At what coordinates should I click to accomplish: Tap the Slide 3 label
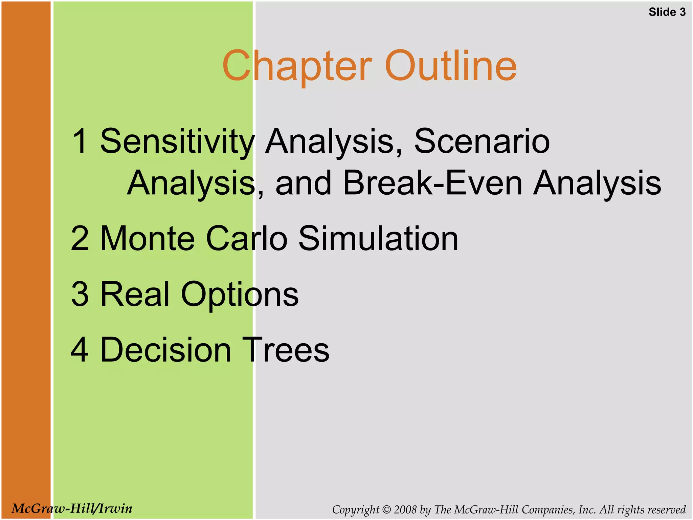point(667,12)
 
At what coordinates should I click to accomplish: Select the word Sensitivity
point(177,142)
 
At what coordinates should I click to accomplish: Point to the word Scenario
point(482,141)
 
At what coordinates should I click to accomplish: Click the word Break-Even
point(432,183)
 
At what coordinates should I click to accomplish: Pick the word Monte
point(148,239)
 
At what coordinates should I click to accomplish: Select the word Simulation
point(378,239)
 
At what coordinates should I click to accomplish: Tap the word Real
point(135,294)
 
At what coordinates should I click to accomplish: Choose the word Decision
point(166,350)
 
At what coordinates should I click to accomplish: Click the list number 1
point(80,142)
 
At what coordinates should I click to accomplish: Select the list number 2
point(80,239)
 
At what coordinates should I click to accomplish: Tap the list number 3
point(80,294)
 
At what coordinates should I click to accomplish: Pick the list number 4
point(80,350)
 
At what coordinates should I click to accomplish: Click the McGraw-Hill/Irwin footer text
point(72,508)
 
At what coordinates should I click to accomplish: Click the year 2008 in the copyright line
point(405,510)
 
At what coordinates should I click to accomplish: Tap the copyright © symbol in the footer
point(386,510)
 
